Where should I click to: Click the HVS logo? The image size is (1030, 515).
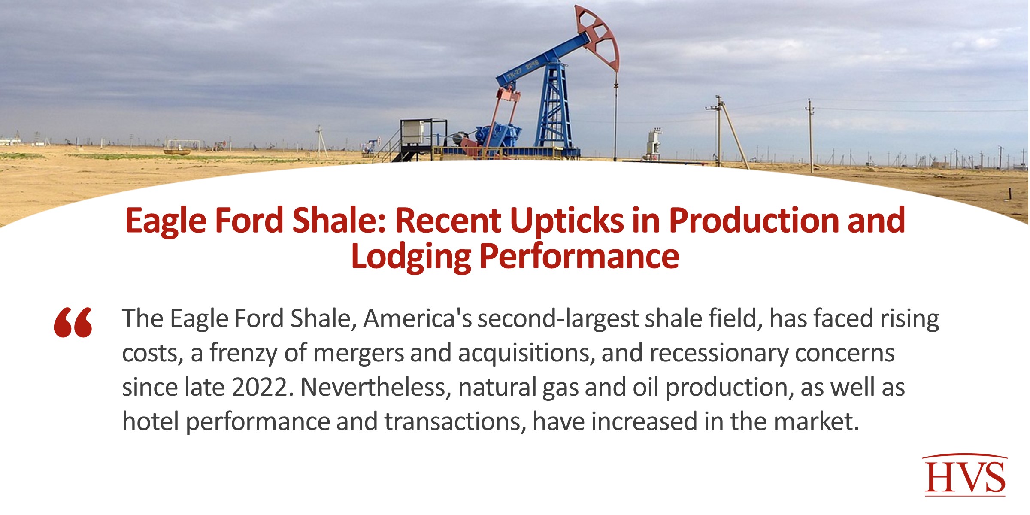coord(965,476)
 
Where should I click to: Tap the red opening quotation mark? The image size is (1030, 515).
coord(73,322)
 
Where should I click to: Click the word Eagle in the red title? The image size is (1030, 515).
coord(166,221)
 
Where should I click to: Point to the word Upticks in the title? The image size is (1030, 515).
coord(567,221)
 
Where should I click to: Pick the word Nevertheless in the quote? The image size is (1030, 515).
coord(376,387)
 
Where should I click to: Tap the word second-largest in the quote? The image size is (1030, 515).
coord(558,319)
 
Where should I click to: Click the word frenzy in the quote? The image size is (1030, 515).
coord(243,353)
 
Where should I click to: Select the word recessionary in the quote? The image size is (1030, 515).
coord(719,353)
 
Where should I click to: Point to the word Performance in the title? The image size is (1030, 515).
coord(579,257)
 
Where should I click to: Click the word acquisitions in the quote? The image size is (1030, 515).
coord(526,353)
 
